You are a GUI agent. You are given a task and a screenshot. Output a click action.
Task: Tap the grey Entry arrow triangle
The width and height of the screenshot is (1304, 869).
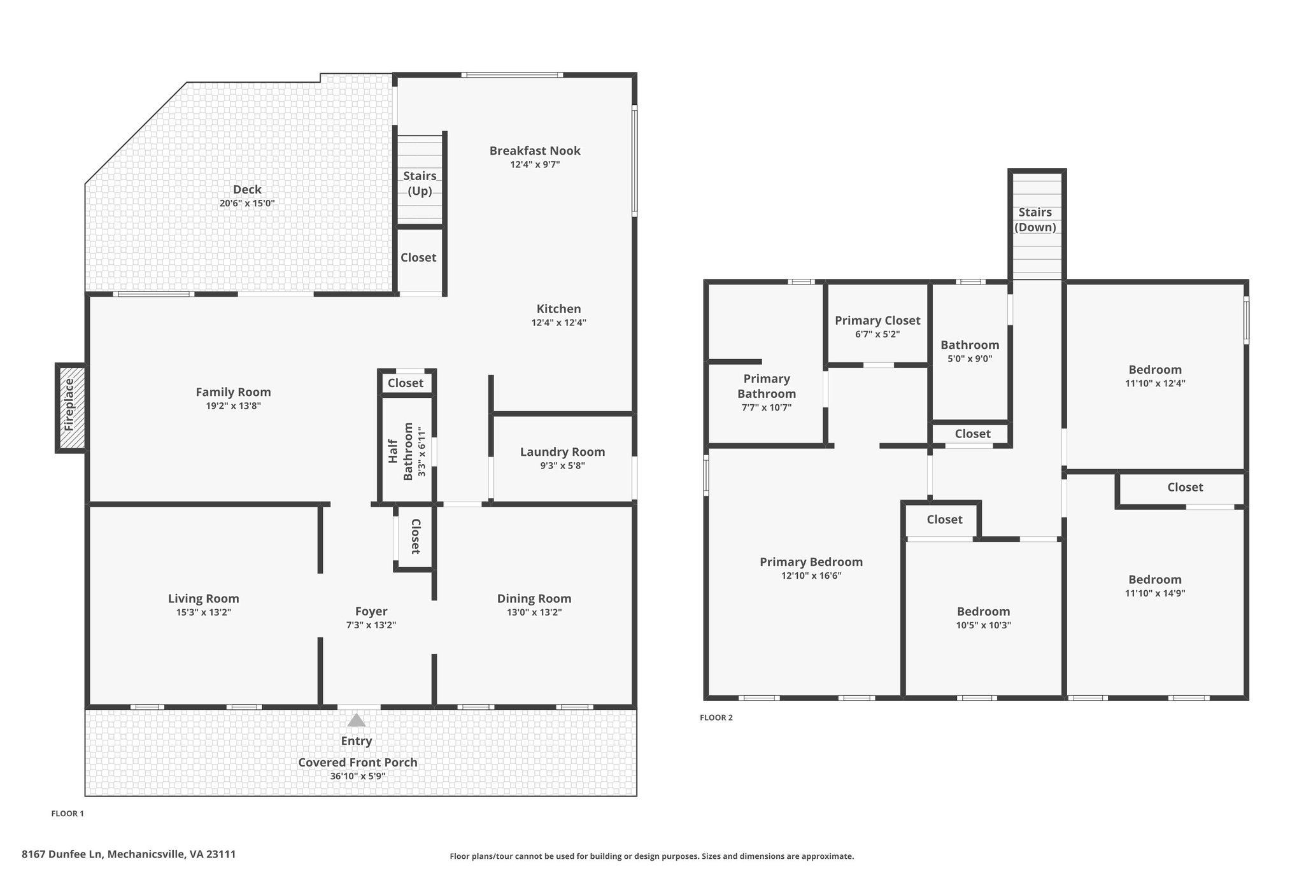(x=357, y=720)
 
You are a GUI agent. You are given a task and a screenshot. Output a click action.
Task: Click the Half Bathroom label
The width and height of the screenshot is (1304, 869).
(x=400, y=451)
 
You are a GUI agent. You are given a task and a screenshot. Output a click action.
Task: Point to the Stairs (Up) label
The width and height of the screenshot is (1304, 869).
(x=420, y=183)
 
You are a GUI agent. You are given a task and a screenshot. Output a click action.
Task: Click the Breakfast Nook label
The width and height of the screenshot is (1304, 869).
(x=535, y=151)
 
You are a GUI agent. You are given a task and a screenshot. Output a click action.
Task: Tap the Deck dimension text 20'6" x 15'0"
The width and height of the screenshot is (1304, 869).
(x=247, y=203)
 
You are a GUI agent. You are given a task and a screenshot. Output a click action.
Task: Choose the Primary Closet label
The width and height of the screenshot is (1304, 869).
(x=877, y=320)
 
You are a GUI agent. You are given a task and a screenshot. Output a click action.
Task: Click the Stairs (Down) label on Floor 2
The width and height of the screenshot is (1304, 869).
(x=1035, y=220)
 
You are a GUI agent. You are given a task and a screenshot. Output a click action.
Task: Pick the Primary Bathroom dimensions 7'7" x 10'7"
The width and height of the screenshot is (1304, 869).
(x=767, y=407)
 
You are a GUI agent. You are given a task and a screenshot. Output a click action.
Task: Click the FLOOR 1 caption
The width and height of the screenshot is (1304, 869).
(x=67, y=814)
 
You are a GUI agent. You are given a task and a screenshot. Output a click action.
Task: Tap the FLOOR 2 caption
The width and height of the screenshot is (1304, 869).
(x=716, y=717)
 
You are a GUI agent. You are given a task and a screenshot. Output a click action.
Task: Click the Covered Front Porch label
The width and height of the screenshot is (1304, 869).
(x=358, y=763)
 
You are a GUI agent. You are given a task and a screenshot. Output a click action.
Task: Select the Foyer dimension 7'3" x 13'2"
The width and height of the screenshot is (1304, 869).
(x=371, y=625)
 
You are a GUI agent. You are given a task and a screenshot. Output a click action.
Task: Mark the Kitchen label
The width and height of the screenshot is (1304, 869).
(x=559, y=309)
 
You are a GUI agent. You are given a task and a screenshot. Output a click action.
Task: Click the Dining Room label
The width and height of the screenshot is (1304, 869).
(x=534, y=598)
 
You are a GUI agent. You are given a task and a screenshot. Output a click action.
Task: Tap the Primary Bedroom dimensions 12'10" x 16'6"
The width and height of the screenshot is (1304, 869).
(x=811, y=576)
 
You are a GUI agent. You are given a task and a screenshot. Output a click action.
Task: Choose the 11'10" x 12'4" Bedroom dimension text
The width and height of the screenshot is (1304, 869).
(x=1155, y=383)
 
